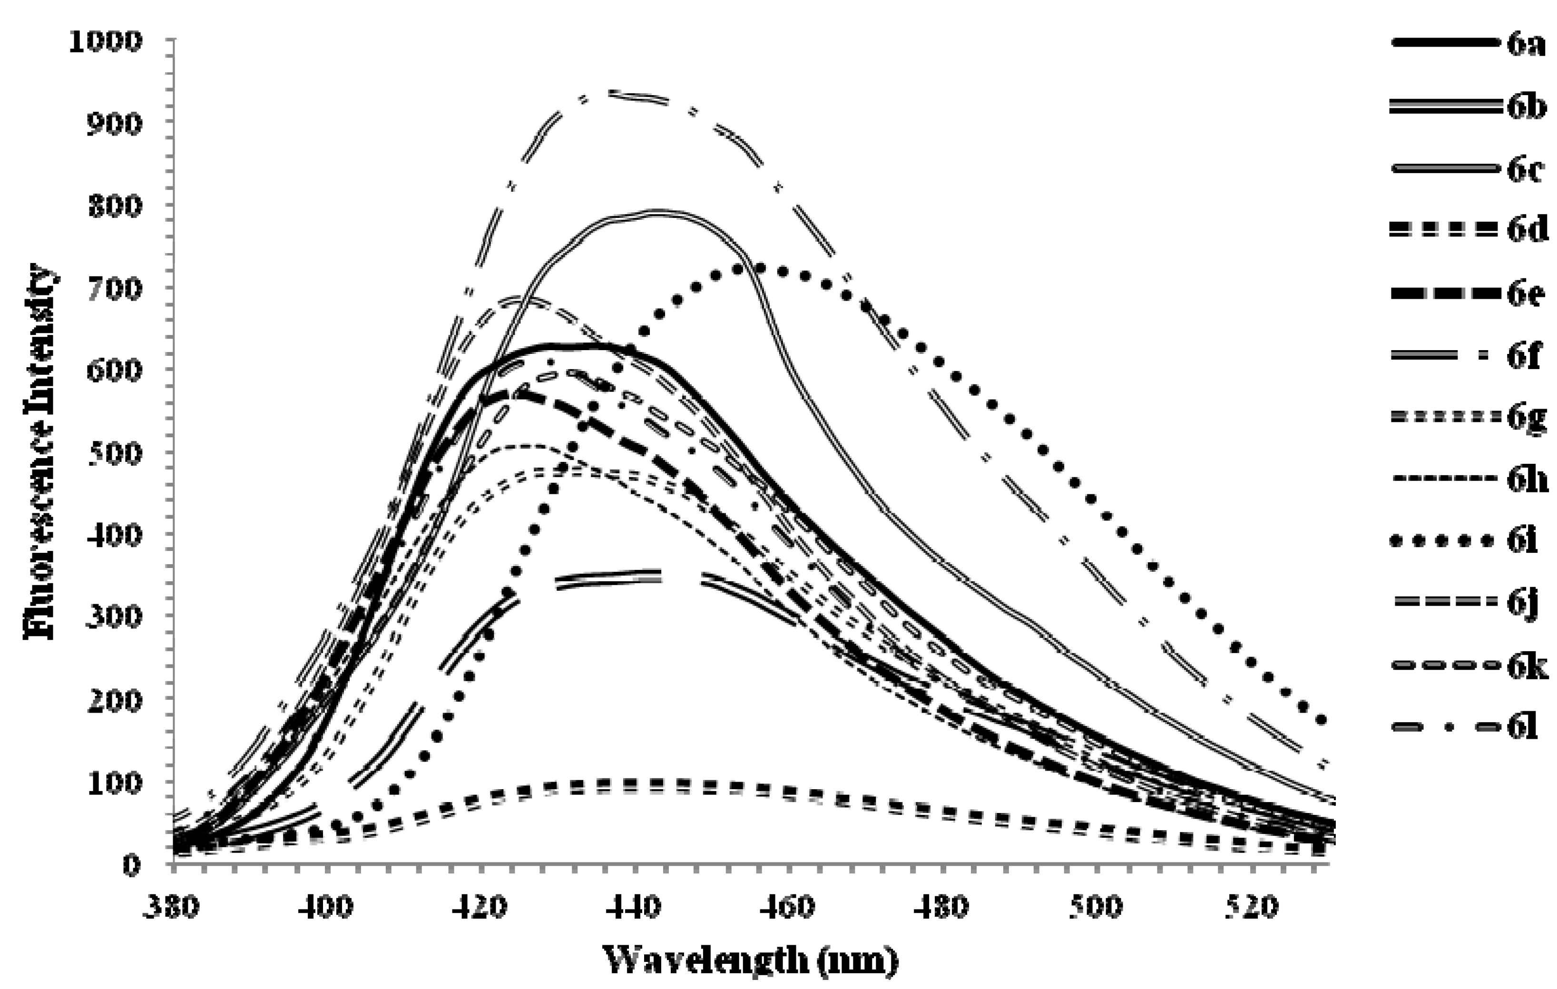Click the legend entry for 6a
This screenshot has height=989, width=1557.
coord(1468,44)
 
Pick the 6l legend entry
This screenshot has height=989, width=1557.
coord(1468,727)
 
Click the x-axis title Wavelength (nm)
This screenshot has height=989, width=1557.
coord(750,959)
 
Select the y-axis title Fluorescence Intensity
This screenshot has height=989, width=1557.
coord(40,452)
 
